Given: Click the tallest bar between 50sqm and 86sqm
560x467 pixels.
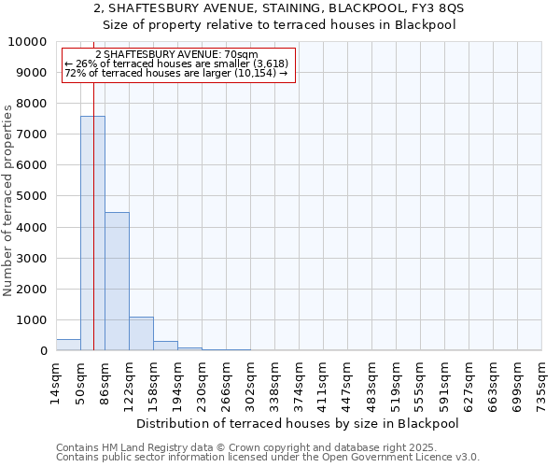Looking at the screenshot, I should click(x=92, y=233).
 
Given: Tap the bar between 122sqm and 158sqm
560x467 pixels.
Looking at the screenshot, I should click(x=141, y=333).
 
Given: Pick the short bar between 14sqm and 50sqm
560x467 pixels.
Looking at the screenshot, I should click(x=68, y=345).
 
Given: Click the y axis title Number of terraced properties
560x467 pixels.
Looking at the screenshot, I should click(x=8, y=200).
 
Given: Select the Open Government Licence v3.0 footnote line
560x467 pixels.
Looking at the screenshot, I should click(x=267, y=458).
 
